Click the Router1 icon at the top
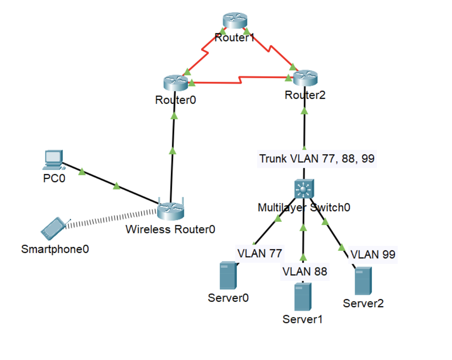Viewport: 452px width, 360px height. tap(235, 20)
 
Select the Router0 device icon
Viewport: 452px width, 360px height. tap(176, 82)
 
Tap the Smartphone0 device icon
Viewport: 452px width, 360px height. tap(53, 229)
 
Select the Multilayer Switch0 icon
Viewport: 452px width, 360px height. tap(304, 190)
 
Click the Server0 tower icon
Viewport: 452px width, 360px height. tap(228, 276)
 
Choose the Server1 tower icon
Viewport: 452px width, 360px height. tap(303, 297)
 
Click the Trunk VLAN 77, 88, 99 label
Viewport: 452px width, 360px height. tap(317, 159)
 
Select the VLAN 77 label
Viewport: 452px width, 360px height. tap(260, 253)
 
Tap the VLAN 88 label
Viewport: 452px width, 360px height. tap(305, 271)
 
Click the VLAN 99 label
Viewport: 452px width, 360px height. tap(373, 254)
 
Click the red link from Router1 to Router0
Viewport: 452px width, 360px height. tap(204, 52)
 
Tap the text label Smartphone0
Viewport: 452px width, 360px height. tap(55, 249)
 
